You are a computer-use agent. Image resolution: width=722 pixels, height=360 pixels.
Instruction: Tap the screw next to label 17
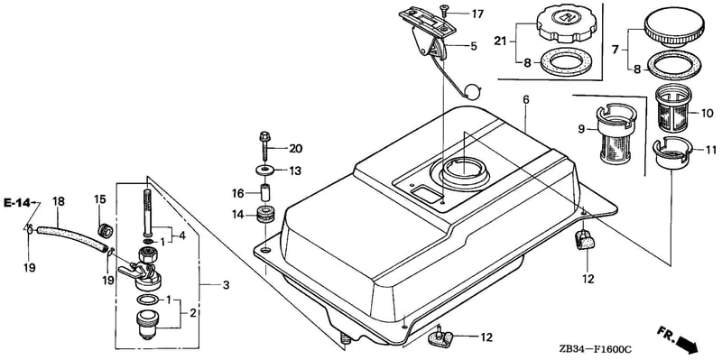click(x=444, y=9)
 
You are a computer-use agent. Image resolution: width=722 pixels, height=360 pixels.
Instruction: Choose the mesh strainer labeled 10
click(x=673, y=107)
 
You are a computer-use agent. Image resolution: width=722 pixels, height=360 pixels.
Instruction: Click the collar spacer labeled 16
click(x=265, y=192)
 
